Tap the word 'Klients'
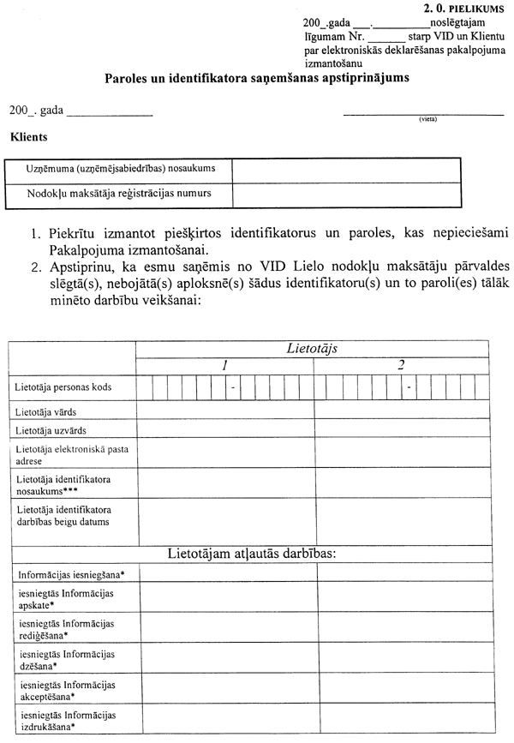28,136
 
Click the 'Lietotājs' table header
313,348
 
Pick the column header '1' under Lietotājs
224,365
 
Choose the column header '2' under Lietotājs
401,365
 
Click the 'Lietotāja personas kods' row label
63,387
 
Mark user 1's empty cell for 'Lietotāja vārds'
225,411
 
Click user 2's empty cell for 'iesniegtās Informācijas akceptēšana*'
401,690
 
